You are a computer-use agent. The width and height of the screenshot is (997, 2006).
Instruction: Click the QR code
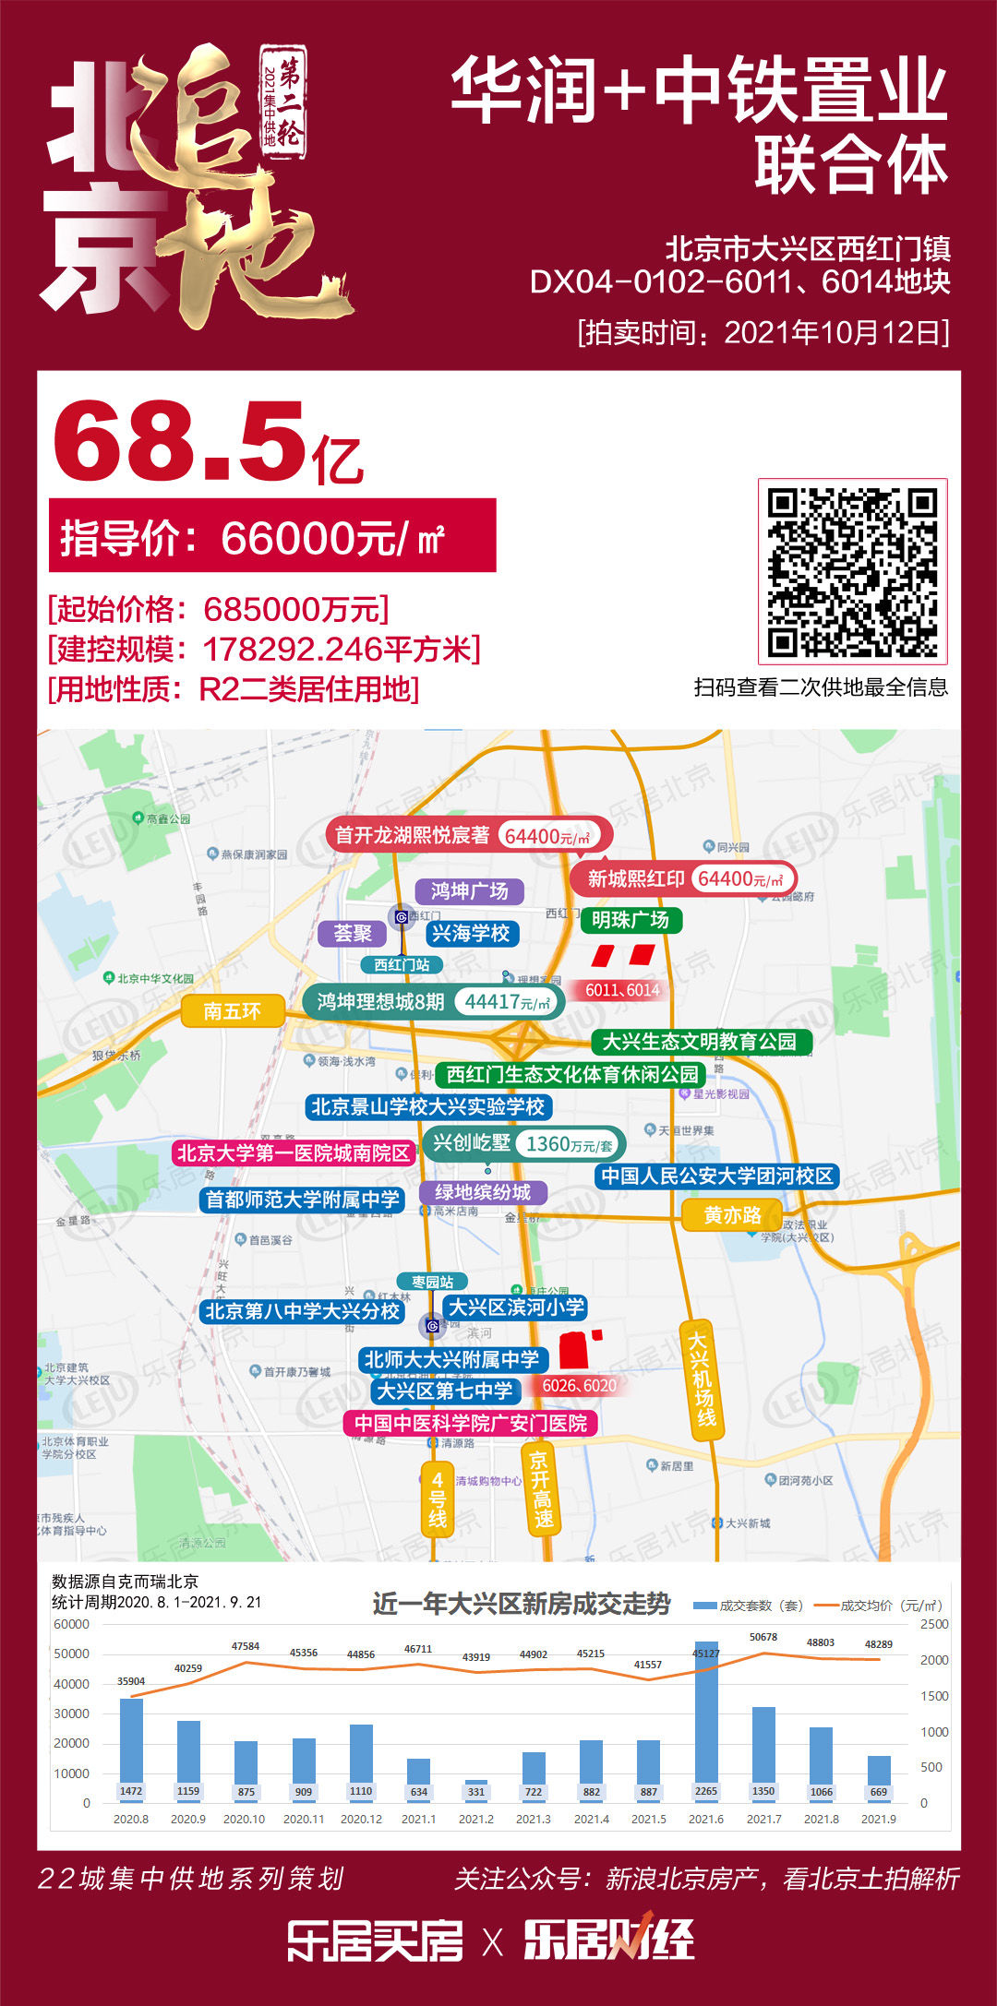pyautogui.click(x=852, y=571)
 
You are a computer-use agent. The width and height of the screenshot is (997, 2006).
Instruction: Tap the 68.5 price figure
pyautogui.click(x=180, y=440)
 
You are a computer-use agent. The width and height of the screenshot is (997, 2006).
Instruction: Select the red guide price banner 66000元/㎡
pyautogui.click(x=271, y=536)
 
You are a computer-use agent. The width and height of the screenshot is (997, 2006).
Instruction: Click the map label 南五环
pyautogui.click(x=232, y=1011)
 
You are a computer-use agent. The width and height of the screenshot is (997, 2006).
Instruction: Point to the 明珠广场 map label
pyautogui.click(x=631, y=920)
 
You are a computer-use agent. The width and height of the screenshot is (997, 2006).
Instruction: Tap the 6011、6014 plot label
pyautogui.click(x=622, y=990)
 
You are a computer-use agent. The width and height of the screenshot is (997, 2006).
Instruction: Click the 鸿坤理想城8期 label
pyautogui.click(x=380, y=1001)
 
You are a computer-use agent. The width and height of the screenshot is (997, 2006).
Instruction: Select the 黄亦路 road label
pyautogui.click(x=732, y=1215)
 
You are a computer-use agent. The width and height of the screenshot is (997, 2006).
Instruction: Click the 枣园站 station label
pyautogui.click(x=432, y=1282)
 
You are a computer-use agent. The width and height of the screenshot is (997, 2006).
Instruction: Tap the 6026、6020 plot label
pyautogui.click(x=579, y=1385)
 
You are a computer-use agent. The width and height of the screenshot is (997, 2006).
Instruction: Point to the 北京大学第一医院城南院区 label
pyautogui.click(x=293, y=1152)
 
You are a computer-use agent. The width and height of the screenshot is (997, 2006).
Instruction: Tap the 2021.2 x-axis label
pyautogui.click(x=475, y=1819)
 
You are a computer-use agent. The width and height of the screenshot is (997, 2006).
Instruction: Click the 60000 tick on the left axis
pyautogui.click(x=71, y=1624)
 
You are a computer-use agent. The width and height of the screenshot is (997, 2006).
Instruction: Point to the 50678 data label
pyautogui.click(x=763, y=1637)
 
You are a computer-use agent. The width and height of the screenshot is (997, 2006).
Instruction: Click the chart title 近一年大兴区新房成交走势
pyautogui.click(x=522, y=1604)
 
